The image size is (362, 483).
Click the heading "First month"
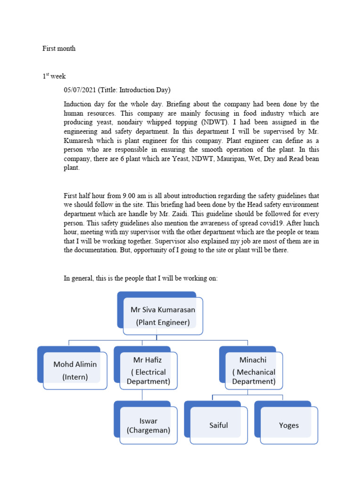pyautogui.click(x=59, y=49)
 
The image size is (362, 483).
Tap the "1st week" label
pyautogui.click(x=54, y=76)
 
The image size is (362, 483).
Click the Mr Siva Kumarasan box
pyautogui.click(x=163, y=316)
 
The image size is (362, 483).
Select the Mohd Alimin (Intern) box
pyautogui.click(x=74, y=371)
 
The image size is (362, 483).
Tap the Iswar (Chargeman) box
pyautogui.click(x=148, y=425)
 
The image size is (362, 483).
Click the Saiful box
pyautogui.click(x=218, y=425)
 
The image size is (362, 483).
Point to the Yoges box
pyautogui.click(x=288, y=425)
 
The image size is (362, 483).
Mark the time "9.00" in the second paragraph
pyautogui.click(x=125, y=196)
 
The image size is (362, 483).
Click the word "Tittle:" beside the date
pyautogui.click(x=109, y=90)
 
